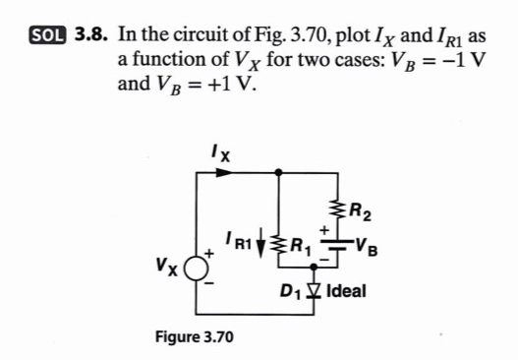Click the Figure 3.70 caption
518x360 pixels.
point(195,337)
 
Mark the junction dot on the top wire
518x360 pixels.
point(281,171)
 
